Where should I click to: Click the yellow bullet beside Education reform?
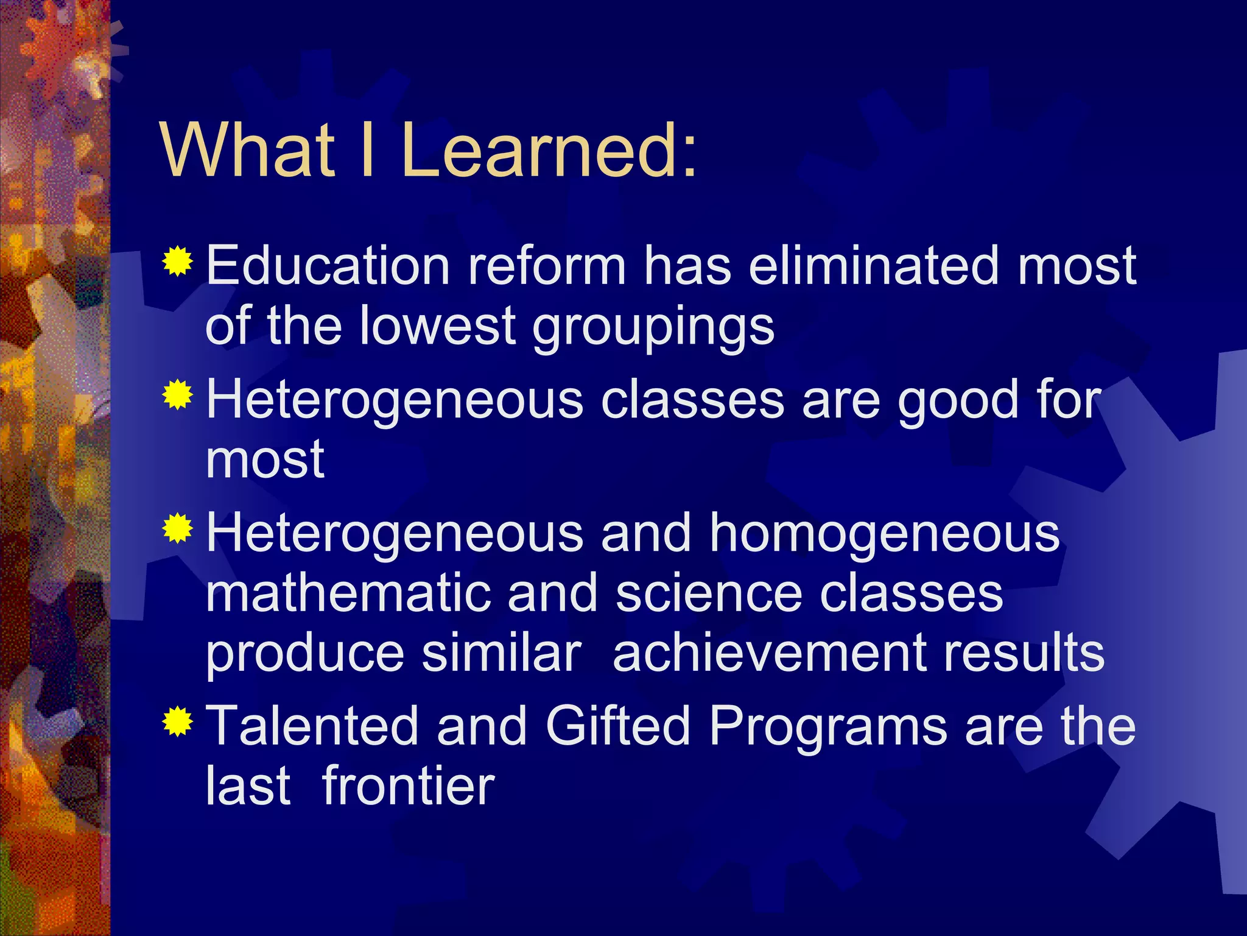(x=177, y=262)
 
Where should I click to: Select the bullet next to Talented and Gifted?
(x=177, y=722)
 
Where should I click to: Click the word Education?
(x=328, y=266)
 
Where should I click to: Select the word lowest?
(x=438, y=325)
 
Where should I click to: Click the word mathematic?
(x=348, y=594)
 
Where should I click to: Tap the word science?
(x=709, y=594)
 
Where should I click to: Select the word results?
(x=1024, y=653)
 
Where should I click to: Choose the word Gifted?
(x=617, y=726)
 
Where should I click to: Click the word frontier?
(x=408, y=786)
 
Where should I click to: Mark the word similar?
(x=502, y=653)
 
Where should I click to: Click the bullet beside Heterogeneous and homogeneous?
(x=177, y=528)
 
